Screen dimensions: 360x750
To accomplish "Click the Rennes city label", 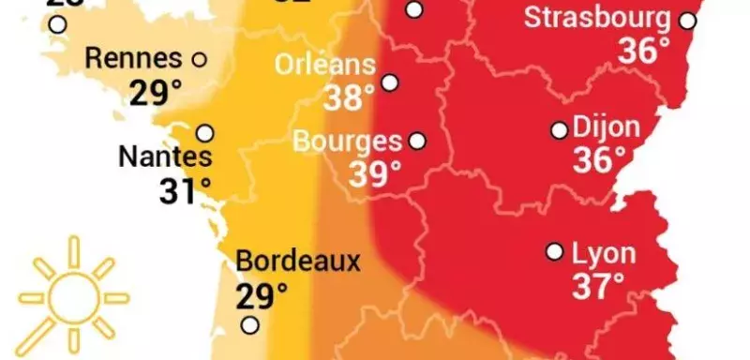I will [133, 58].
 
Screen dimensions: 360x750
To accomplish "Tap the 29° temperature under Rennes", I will [155, 93].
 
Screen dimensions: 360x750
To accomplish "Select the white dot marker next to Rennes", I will [199, 59].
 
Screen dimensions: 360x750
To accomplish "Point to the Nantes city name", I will [166, 157].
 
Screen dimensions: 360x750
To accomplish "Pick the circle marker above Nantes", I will [205, 132].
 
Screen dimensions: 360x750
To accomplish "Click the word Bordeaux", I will [297, 261].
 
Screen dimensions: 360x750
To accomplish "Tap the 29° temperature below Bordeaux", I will [261, 296].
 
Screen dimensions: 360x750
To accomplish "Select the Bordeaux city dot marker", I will [250, 325].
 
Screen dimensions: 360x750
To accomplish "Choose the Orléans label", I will [325, 66].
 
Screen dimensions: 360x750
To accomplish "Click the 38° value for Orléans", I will [348, 97].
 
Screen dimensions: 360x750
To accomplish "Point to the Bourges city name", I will [347, 142].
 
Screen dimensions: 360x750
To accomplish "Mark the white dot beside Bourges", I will [417, 142].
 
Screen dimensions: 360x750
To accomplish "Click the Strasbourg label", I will [597, 18].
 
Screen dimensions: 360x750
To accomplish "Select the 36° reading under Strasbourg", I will [645, 51].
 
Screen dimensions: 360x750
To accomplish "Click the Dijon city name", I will [606, 127].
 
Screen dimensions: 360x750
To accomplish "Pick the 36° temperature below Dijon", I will [598, 160].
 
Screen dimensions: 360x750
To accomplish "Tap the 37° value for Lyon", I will [599, 286].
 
